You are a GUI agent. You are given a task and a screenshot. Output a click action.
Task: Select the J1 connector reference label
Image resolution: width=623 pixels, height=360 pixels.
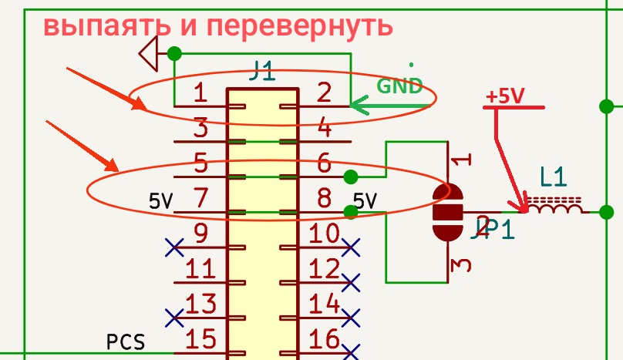coord(262,72)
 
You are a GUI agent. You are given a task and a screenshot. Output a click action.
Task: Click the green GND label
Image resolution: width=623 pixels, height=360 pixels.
coord(399,86)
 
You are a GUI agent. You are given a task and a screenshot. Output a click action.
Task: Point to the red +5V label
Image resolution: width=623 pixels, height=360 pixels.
coord(505,96)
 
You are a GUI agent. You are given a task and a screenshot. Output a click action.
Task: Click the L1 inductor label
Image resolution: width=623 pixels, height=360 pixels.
coord(553,178)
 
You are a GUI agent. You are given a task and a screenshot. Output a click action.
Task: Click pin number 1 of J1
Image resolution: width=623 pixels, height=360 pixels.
coord(200,93)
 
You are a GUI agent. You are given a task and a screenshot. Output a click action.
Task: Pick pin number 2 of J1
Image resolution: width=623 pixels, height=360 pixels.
coord(324,93)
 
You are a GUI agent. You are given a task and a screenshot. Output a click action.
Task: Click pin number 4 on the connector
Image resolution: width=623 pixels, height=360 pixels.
coord(324,127)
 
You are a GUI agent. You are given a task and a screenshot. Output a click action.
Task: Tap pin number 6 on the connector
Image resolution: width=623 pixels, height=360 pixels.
coord(324,163)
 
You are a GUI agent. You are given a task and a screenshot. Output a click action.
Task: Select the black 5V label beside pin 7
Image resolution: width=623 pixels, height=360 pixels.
coord(161,202)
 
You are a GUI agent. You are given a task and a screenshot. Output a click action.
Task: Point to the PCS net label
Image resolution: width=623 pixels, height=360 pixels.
coord(125,341)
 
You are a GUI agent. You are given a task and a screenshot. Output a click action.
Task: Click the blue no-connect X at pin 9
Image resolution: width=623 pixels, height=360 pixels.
coord(175,247)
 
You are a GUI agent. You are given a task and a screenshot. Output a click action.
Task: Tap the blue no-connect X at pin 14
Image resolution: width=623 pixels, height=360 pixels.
coord(351,317)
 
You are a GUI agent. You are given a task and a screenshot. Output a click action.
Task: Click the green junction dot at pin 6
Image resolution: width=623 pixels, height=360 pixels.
coord(351,177)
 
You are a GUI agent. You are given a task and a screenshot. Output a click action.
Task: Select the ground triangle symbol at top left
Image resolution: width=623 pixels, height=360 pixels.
coord(148,54)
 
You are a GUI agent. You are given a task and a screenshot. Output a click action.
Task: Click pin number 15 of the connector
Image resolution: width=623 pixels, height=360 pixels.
coord(200,338)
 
